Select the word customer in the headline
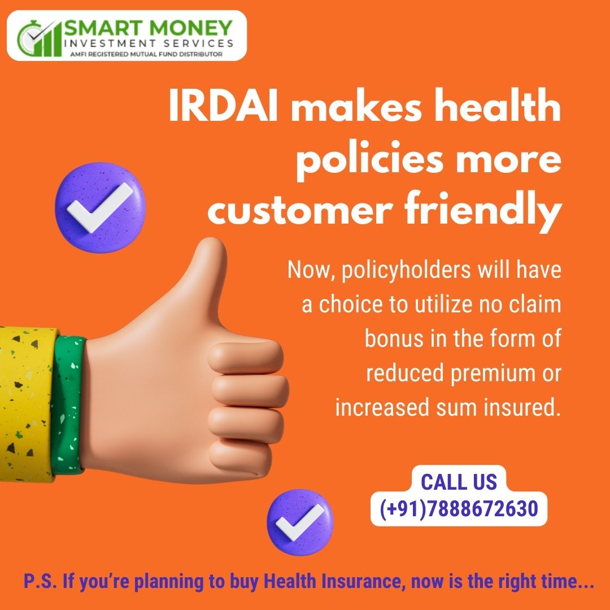[x=300, y=211]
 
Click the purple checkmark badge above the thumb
[x=101, y=207]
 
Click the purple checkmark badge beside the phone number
[x=300, y=522]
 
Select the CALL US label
[x=459, y=482]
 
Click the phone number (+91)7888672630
[x=459, y=508]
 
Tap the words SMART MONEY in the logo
[x=148, y=29]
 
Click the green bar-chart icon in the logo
[x=40, y=38]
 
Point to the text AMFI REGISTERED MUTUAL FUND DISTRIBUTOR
[x=146, y=54]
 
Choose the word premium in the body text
[x=491, y=373]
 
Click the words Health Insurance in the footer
[x=332, y=581]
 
